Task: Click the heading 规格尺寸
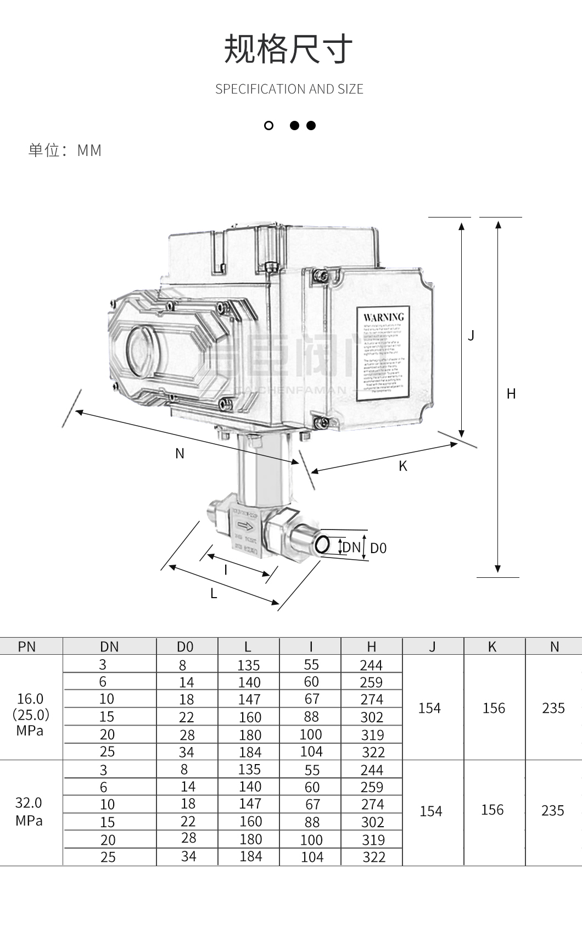(x=288, y=49)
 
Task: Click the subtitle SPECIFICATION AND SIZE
(x=289, y=89)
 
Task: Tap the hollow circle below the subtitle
(x=268, y=126)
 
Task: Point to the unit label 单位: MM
(x=65, y=150)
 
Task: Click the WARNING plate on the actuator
(x=383, y=353)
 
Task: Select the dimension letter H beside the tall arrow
(x=511, y=394)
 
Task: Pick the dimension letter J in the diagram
(x=471, y=335)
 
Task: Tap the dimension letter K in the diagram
(x=403, y=466)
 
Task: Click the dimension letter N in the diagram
(x=180, y=454)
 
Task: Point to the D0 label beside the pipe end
(x=378, y=548)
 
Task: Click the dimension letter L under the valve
(x=214, y=594)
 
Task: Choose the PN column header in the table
(x=27, y=647)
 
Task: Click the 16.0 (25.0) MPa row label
(x=30, y=714)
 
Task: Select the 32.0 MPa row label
(x=29, y=811)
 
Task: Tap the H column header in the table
(x=372, y=647)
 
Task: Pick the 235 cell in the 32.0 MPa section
(x=553, y=811)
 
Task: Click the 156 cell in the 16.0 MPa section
(x=494, y=708)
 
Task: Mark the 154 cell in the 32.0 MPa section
(x=431, y=811)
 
